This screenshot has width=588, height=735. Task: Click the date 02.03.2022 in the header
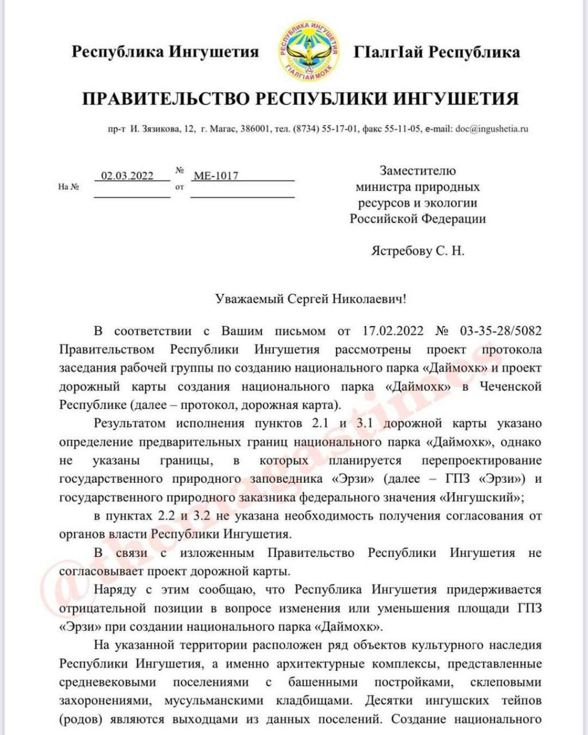pos(127,176)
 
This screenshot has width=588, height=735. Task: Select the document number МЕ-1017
pos(216,176)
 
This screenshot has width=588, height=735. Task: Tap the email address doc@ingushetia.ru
pos(492,129)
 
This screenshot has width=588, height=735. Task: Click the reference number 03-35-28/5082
pos(501,331)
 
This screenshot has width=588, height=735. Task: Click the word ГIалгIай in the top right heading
pos(389,53)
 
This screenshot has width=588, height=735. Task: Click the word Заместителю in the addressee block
pos(417,171)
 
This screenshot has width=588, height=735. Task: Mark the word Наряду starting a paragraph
pos(113,590)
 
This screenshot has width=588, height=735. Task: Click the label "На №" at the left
pos(68,187)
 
